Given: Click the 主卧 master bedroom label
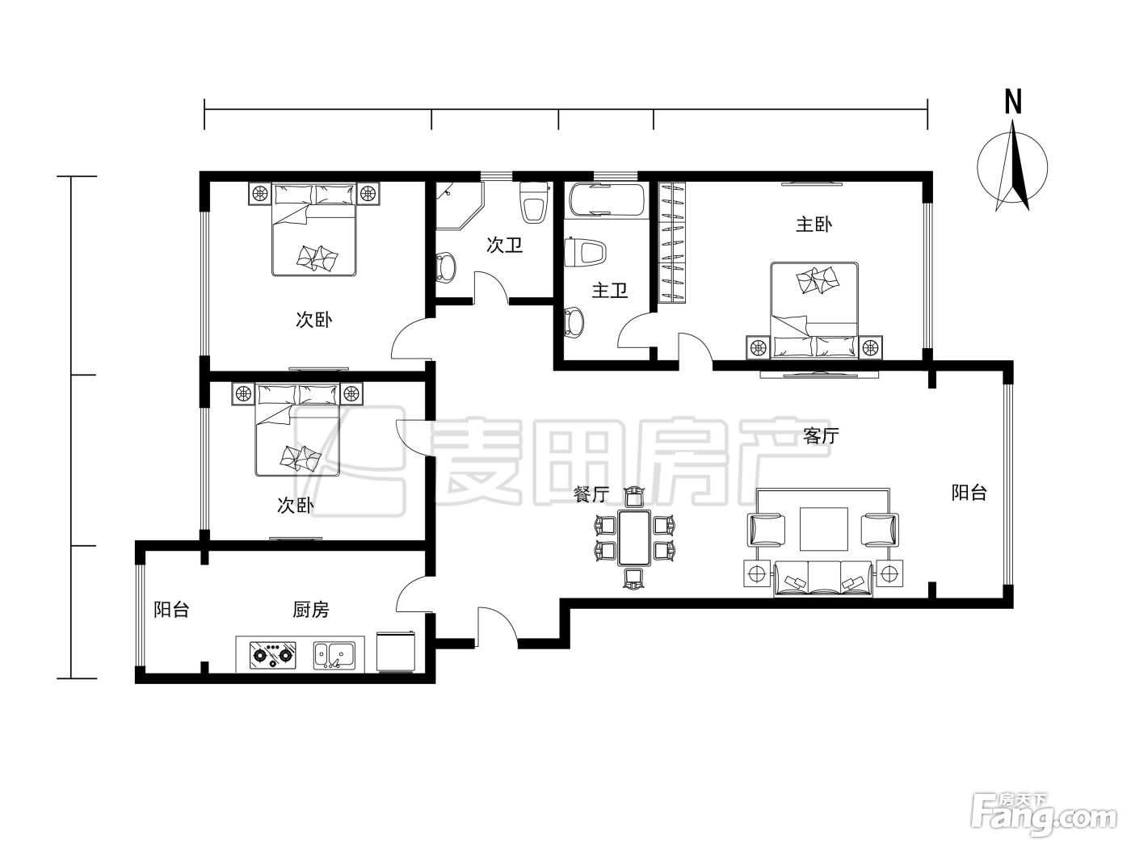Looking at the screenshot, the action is [x=814, y=225].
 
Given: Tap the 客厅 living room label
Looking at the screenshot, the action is [x=821, y=436].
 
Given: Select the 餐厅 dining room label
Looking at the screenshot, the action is [x=591, y=494].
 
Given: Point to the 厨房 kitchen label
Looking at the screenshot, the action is [x=311, y=610].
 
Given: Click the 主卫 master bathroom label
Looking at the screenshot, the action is [x=610, y=291].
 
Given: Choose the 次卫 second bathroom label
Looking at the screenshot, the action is [x=504, y=245].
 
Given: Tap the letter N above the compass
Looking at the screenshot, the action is [x=1013, y=102].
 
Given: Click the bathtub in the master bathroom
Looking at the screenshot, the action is [x=606, y=199].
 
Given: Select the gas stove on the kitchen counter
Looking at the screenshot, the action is [x=272, y=655].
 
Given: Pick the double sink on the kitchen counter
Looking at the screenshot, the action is [x=334, y=655].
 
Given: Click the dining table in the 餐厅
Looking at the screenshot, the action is [x=635, y=538].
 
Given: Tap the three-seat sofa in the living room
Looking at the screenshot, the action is [x=823, y=579].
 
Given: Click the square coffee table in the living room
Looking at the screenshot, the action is [x=824, y=529].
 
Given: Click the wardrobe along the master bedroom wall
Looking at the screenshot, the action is [x=672, y=241].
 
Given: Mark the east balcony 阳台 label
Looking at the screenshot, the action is [x=969, y=493].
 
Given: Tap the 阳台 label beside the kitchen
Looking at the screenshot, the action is [x=171, y=610].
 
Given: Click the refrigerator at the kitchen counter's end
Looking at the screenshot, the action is [x=396, y=651].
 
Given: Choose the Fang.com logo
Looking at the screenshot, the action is [x=1044, y=817].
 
